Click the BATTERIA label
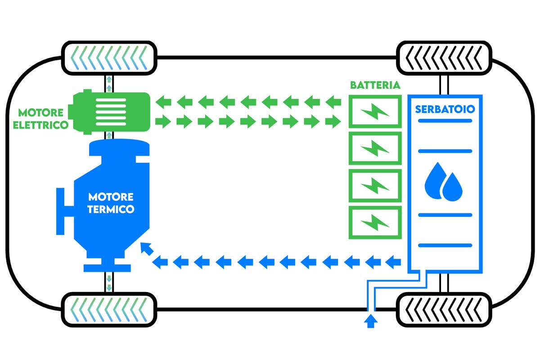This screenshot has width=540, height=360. pos(375,85)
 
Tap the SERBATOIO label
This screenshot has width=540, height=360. pos(445,109)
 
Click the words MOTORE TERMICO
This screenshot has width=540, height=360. pos(111,203)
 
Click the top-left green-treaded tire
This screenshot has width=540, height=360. pos(108,58)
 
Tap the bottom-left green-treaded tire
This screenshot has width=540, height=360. pos(108,310)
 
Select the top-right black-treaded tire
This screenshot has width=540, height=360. pos(443,58)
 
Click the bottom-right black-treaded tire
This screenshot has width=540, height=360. pos(443,310)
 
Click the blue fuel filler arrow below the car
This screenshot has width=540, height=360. pos(371,321)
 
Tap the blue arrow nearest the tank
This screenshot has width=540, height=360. pos(393,260)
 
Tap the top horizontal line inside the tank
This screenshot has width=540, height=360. pos(445,121)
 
